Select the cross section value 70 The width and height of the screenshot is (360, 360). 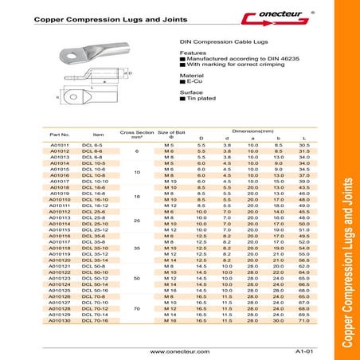tap(136, 307)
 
